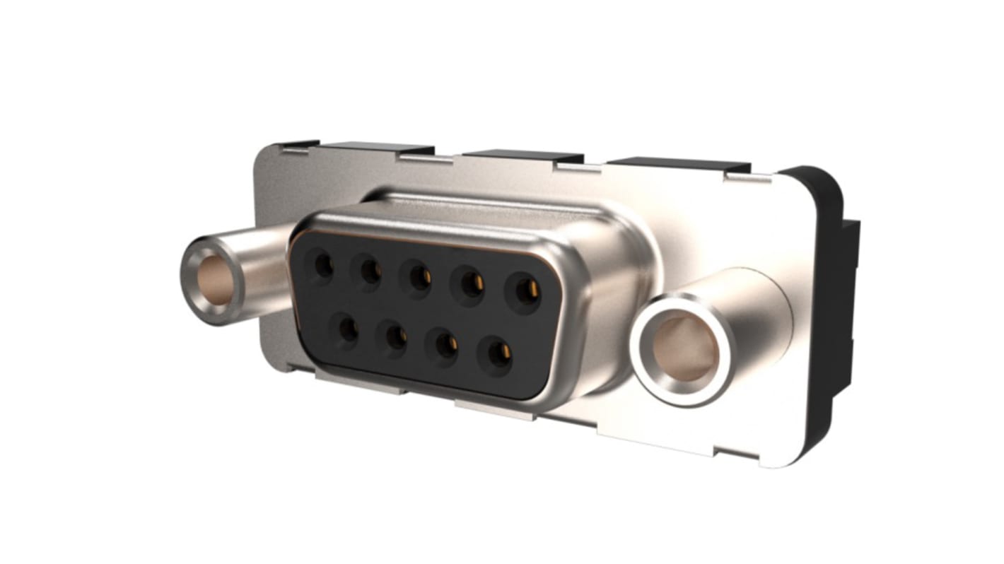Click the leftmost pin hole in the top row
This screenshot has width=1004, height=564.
tap(322, 266)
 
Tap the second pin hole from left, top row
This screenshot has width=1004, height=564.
tap(370, 270)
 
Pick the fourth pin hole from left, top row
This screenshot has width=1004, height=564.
tap(470, 283)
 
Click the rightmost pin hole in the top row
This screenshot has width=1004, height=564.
tap(524, 289)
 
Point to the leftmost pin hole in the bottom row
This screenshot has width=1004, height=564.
tap(347, 329)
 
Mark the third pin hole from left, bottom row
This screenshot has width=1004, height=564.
tap(446, 344)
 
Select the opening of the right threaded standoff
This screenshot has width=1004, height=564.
tap(684, 348)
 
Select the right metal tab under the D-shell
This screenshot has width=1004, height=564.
tap(495, 410)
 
